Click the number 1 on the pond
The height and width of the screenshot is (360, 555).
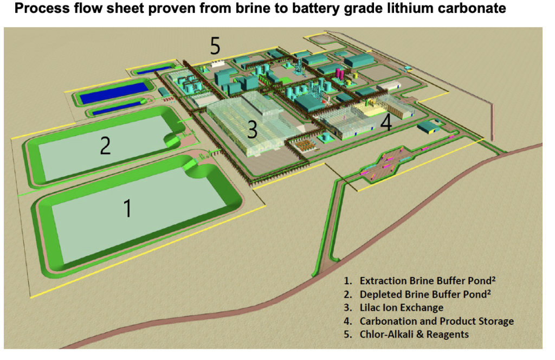[128, 208]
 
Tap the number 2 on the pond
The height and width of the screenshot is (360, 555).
[105, 145]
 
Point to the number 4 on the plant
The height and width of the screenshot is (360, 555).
[386, 123]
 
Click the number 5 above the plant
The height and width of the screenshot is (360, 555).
[215, 46]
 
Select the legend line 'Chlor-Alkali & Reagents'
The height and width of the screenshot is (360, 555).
[414, 334]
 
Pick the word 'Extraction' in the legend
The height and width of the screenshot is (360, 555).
[383, 282]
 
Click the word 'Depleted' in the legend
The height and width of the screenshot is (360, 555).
[380, 295]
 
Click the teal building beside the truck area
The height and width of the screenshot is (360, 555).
[428, 127]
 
